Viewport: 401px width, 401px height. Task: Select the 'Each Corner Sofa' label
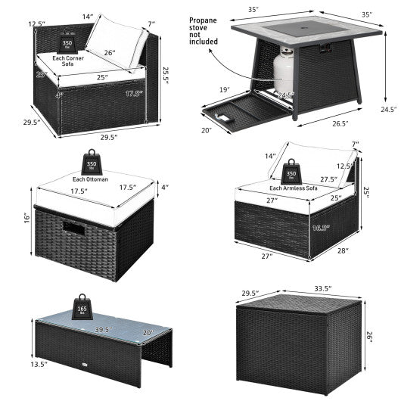point(76,58)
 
